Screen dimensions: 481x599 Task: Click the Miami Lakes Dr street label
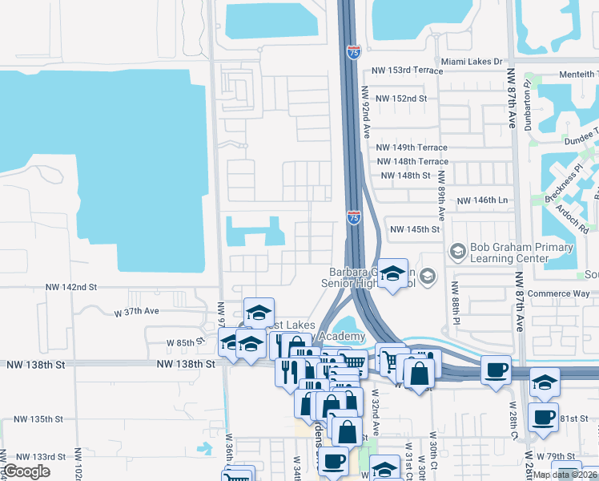click(x=471, y=61)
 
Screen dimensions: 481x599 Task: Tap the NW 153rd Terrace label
click(x=406, y=71)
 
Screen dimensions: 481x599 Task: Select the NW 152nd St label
click(x=399, y=99)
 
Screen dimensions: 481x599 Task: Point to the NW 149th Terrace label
click(x=408, y=148)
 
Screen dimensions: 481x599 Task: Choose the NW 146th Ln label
click(x=482, y=200)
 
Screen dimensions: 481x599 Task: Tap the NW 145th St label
click(x=415, y=229)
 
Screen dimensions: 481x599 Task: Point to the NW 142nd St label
click(x=70, y=286)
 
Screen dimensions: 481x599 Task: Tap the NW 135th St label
click(x=37, y=419)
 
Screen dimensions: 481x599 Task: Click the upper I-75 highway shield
click(x=354, y=52)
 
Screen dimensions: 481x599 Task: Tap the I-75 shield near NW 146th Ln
click(x=353, y=217)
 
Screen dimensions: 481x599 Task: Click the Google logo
click(x=26, y=472)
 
